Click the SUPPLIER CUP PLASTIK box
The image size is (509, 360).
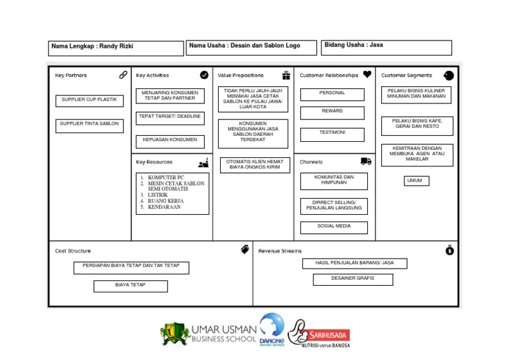click(x=89, y=100)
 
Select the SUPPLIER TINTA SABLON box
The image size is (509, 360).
click(x=89, y=125)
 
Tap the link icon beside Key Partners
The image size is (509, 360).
click(x=123, y=75)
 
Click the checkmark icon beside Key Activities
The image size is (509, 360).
click(x=204, y=75)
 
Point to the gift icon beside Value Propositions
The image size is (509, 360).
click(x=286, y=75)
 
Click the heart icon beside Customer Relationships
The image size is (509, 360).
click(x=367, y=75)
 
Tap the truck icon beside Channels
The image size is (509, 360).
click(x=366, y=161)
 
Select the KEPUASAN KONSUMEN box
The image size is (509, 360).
click(x=170, y=141)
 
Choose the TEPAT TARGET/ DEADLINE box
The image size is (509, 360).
click(x=170, y=117)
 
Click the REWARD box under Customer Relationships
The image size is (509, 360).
click(x=332, y=112)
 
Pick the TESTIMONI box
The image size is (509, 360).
click(x=332, y=134)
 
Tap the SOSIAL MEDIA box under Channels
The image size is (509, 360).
click(x=333, y=227)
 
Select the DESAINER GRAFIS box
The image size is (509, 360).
click(x=353, y=279)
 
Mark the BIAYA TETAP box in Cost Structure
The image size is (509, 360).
click(x=130, y=286)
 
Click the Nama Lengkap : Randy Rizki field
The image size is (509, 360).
click(x=116, y=48)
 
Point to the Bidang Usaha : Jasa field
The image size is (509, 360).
click(x=387, y=47)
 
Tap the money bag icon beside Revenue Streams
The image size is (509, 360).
click(x=449, y=250)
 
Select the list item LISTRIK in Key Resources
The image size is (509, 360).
click(x=158, y=195)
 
